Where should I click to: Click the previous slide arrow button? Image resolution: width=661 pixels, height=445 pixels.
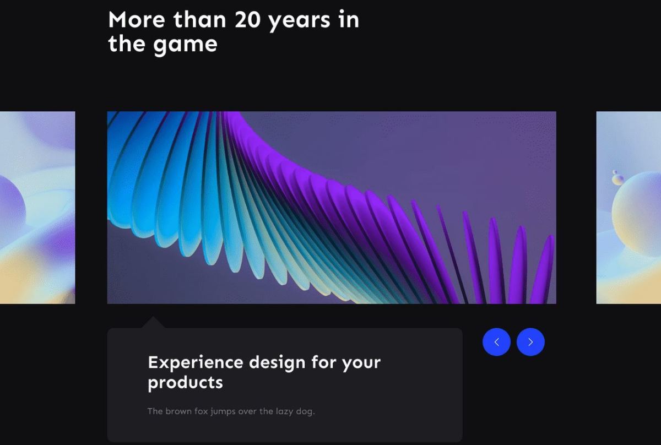pos(496,342)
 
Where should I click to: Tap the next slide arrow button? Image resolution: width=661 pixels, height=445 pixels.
pos(530,342)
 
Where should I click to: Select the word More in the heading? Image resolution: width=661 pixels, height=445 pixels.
pos(137,20)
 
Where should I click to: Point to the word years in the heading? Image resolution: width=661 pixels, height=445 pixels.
pos(298,21)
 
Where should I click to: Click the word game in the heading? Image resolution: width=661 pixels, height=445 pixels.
pos(185,45)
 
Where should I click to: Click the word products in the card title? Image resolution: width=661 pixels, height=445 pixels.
pos(185,383)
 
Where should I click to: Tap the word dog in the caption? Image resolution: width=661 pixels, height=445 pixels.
pos(305,412)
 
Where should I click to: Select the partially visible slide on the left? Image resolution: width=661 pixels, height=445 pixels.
pos(37,208)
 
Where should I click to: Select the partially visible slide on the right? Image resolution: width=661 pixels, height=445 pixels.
pos(629,208)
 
